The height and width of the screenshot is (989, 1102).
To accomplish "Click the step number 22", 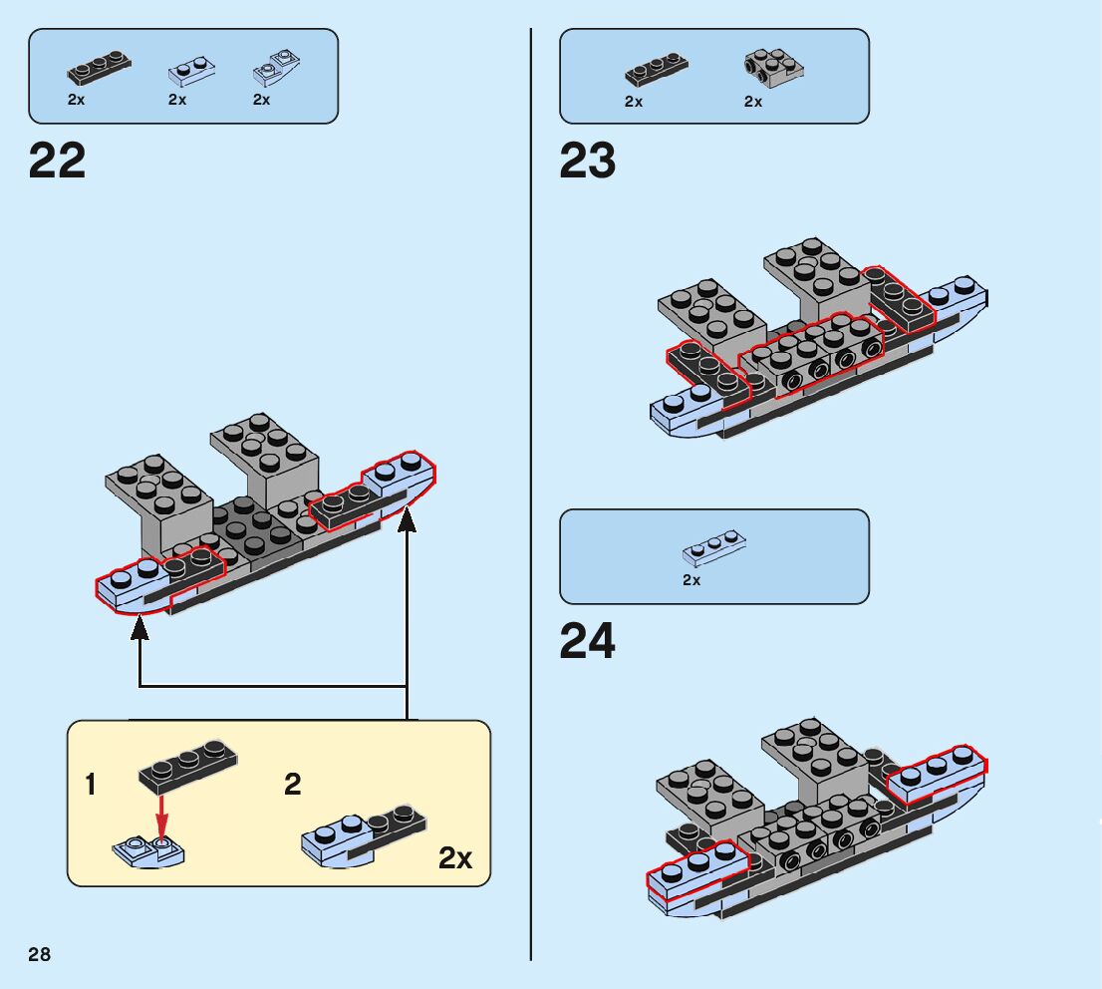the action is pos(58,161).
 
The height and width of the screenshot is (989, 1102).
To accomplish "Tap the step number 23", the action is pos(588,161).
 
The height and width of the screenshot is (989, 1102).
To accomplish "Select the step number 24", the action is pos(588,641).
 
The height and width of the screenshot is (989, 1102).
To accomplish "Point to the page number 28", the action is pos(40,955).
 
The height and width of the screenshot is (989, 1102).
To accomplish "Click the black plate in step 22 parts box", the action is pos(99,69).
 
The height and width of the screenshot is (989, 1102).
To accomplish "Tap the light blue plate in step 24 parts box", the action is pos(714,547).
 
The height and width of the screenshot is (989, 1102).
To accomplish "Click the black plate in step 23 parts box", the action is pos(657,70).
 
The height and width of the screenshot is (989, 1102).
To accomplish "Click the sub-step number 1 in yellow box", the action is pos(92,785).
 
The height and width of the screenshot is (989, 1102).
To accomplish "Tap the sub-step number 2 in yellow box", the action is pos(292,785).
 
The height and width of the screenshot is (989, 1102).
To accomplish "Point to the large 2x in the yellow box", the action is pos(455,858).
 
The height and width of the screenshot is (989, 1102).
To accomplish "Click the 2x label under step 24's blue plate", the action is pos(691,580).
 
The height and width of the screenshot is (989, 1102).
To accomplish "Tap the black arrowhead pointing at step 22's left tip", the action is pos(139,628).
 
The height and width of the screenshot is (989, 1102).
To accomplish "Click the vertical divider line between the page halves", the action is pos(530,498).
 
